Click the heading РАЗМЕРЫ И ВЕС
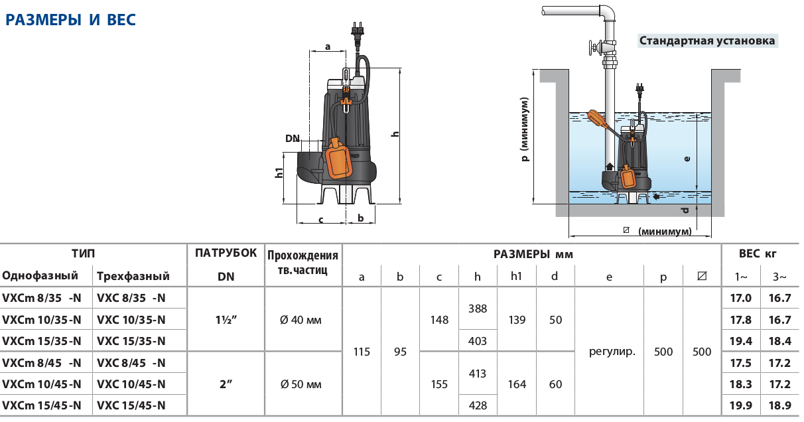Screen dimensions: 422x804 70,20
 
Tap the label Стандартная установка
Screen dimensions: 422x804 706,40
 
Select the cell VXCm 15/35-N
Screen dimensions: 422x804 42,341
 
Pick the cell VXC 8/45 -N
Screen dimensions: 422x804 131,363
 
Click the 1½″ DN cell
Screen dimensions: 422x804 227,320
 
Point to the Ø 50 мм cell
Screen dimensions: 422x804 302,384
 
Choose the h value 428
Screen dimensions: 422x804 478,405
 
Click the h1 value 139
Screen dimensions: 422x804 517,320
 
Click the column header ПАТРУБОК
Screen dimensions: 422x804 226,253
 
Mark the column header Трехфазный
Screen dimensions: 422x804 133,276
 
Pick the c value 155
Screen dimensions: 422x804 439,384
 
